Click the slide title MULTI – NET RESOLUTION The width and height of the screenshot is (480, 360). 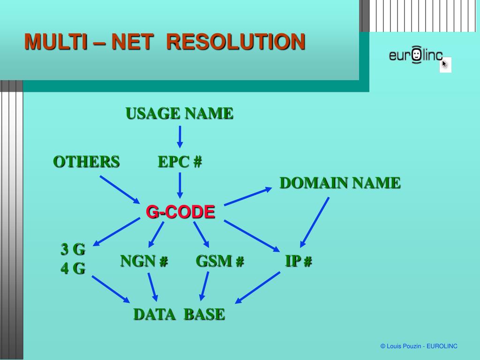click(x=165, y=42)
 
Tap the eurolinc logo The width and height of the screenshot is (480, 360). click(x=416, y=56)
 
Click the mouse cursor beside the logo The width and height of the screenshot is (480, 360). click(x=444, y=64)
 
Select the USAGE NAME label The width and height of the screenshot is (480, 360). click(x=179, y=113)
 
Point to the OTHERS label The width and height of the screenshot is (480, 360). click(x=86, y=162)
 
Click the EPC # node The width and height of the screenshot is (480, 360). click(x=180, y=162)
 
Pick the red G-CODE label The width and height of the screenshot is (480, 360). click(x=180, y=212)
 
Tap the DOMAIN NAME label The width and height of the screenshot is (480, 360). click(x=340, y=183)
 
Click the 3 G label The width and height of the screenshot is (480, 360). click(x=73, y=249)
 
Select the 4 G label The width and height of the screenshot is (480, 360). click(x=73, y=269)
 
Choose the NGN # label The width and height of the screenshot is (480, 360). click(x=144, y=261)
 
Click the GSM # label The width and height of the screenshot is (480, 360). click(x=220, y=261)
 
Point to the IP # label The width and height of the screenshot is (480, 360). click(x=299, y=261)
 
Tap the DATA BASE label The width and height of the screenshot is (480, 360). click(x=179, y=314)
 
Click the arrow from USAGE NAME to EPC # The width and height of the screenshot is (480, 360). click(x=180, y=137)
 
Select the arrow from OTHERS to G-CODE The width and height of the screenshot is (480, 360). click(x=120, y=190)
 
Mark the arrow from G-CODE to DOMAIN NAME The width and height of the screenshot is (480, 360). click(x=248, y=196)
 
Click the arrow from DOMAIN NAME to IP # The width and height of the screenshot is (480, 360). click(x=315, y=222)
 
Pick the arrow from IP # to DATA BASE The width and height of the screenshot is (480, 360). click(x=257, y=287)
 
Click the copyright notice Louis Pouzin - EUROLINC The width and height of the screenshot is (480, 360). click(x=419, y=346)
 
